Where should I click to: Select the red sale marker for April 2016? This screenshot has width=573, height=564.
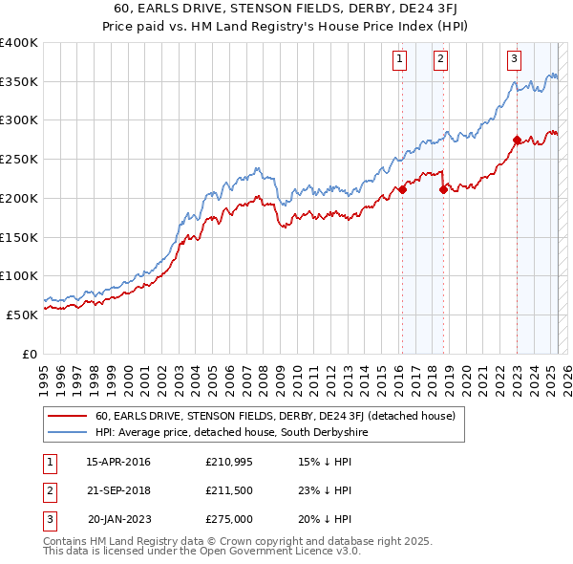[x=402, y=189]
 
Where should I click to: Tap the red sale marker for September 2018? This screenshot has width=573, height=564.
[x=443, y=189]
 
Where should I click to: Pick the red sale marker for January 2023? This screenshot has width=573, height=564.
[x=517, y=140]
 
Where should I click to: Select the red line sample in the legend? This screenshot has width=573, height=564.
[x=67, y=417]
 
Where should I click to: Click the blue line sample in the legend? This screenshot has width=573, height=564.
[x=67, y=433]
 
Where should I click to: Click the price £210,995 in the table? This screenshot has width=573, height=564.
[x=227, y=462]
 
